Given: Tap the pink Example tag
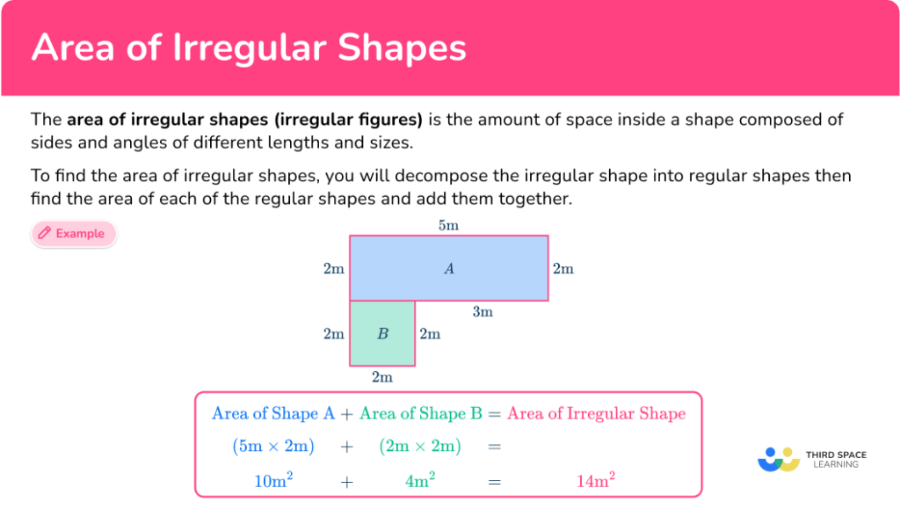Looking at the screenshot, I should click(x=74, y=234).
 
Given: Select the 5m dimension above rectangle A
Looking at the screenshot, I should click(x=448, y=225).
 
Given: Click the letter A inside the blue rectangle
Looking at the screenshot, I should click(x=449, y=269).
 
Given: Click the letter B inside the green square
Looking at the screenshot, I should click(x=382, y=334).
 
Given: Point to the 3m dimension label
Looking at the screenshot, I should click(x=483, y=311).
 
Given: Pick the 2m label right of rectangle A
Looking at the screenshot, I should click(x=562, y=269).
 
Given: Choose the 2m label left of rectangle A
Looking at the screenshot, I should click(x=333, y=269).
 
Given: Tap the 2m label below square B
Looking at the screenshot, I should click(x=381, y=377).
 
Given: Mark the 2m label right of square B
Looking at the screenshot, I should click(x=430, y=334).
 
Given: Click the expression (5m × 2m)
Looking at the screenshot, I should click(x=273, y=446).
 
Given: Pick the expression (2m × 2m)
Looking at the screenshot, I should click(x=420, y=446).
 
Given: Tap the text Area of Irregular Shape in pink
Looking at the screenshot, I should click(x=596, y=413).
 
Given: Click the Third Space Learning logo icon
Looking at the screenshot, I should click(x=778, y=459).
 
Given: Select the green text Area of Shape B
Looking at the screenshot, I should click(x=420, y=413).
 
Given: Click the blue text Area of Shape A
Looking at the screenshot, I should click(x=273, y=413).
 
